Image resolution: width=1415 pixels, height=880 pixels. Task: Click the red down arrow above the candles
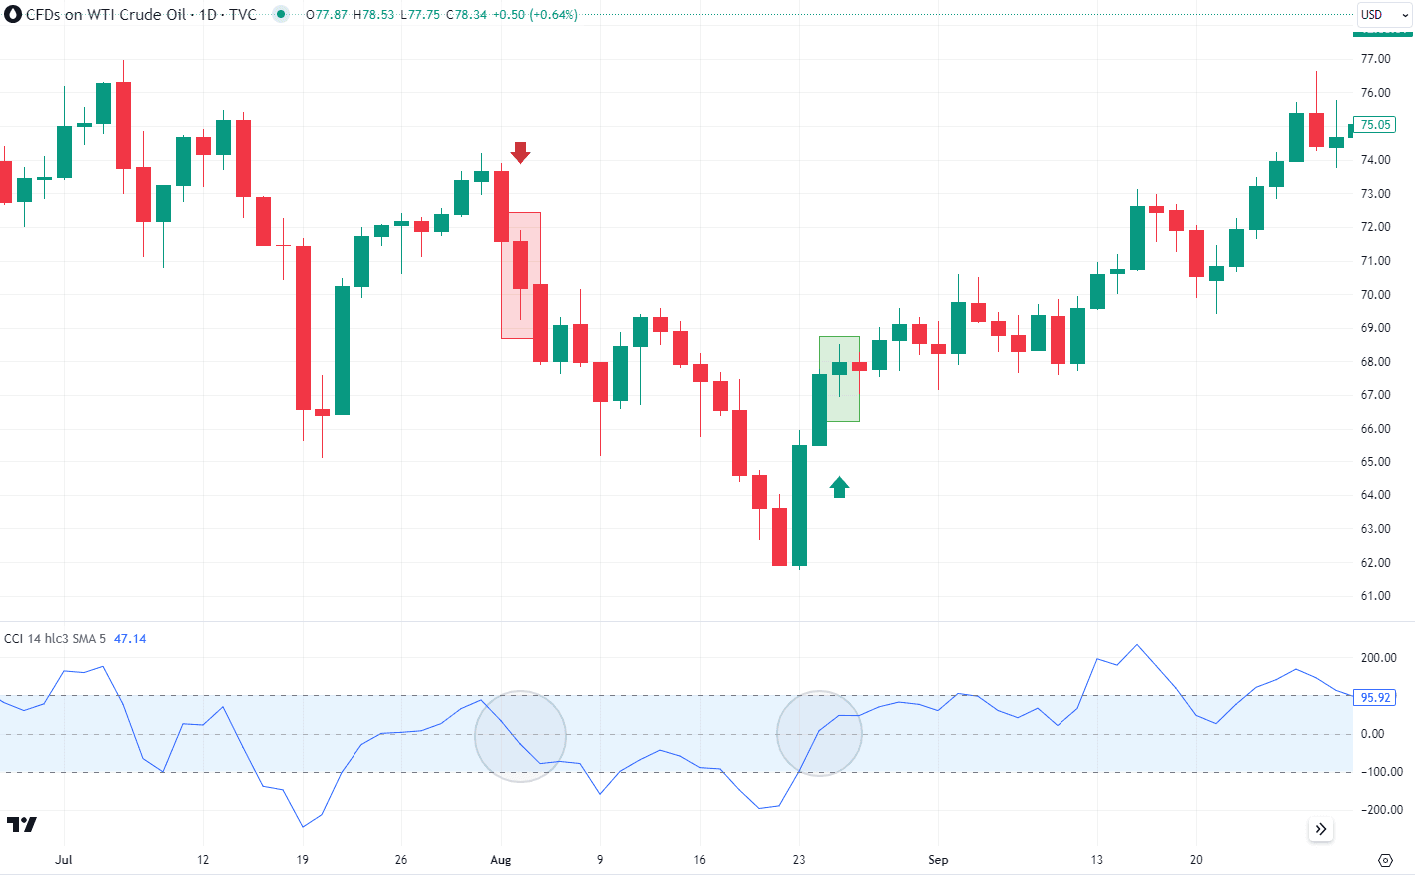[520, 152]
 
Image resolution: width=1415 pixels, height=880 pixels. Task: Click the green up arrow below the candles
[839, 487]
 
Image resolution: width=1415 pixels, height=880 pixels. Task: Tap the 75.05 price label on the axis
[1375, 125]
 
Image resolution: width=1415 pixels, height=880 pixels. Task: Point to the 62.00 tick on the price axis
[1375, 563]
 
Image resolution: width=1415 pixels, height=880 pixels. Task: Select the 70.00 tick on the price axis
[1375, 295]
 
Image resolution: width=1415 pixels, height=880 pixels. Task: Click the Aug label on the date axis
[501, 860]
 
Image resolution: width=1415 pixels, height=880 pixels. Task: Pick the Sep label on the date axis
[938, 860]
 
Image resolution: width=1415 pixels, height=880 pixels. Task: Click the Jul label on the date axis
[64, 860]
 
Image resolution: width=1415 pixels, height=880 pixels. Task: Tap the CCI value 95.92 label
[1375, 698]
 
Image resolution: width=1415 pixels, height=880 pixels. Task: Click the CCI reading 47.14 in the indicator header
[130, 639]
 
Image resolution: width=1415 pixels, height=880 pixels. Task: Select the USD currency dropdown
[1384, 15]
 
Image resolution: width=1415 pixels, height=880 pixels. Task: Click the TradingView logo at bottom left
[22, 824]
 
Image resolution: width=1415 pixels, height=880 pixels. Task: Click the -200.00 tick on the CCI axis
[1378, 810]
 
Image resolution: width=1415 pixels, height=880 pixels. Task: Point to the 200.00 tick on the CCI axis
[1378, 658]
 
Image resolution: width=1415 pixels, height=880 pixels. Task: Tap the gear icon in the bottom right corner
[1385, 860]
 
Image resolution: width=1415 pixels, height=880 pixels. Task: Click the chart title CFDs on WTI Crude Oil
[105, 15]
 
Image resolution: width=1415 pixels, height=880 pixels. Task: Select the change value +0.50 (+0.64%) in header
[535, 15]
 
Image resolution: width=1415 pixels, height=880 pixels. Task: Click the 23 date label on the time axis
[799, 860]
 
